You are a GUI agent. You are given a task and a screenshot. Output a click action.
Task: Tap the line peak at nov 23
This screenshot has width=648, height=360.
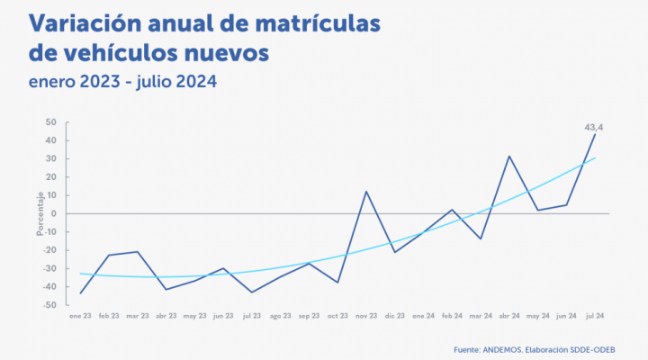(366, 192)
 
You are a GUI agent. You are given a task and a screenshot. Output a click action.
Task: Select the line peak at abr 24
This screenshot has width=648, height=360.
(509, 156)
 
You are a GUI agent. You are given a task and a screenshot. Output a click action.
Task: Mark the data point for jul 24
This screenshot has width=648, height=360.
(595, 134)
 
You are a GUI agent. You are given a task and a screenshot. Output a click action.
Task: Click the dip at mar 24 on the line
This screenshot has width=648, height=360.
(481, 239)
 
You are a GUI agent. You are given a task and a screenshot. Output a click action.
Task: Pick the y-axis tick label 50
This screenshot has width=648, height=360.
(51, 122)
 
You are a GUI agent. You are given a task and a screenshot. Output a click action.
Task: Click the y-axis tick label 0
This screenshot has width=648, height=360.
(54, 213)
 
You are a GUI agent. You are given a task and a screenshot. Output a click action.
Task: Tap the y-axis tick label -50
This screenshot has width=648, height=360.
(50, 305)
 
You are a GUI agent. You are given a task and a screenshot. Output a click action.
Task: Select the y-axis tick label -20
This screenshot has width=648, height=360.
(50, 250)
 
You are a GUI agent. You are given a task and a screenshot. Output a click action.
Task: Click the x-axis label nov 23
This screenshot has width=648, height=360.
(366, 317)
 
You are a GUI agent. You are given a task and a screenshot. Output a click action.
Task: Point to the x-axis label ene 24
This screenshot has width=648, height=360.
(424, 317)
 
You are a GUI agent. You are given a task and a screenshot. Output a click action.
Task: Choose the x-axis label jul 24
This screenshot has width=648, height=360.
(595, 317)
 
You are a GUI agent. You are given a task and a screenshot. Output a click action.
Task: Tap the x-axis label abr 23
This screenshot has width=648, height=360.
(166, 317)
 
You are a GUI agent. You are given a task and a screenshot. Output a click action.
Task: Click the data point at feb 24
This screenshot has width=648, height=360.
(452, 210)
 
